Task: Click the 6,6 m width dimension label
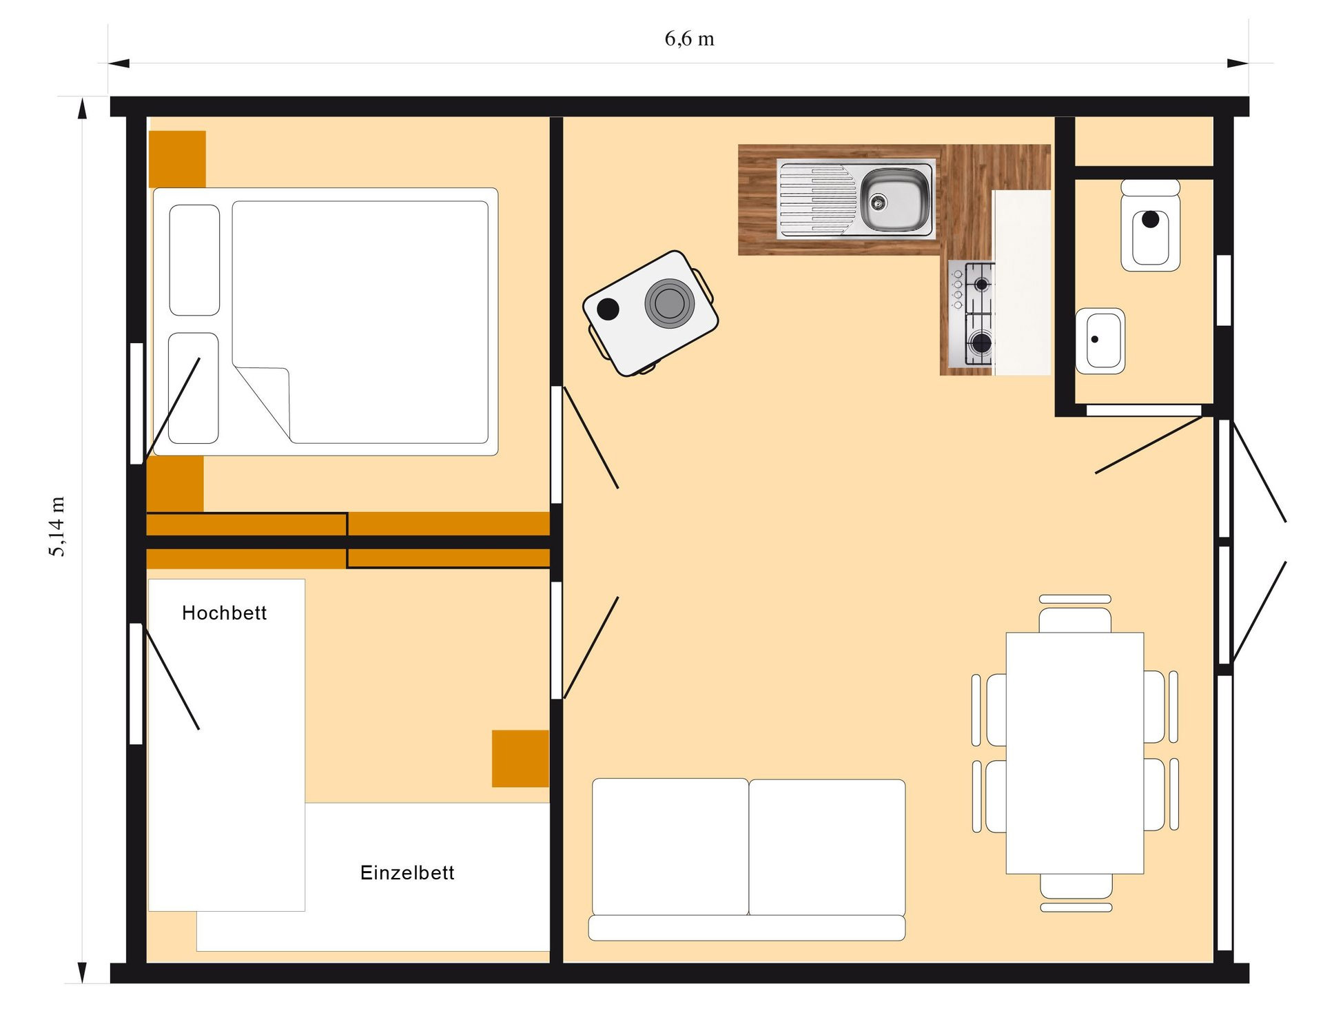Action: pos(689,39)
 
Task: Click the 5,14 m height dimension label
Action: pos(57,526)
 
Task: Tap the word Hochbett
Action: pos(224,613)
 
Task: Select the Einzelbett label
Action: pos(407,872)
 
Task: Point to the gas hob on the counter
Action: pos(972,314)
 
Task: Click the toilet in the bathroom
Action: pos(1150,231)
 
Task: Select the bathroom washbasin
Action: pos(1100,340)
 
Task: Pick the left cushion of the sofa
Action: pos(670,847)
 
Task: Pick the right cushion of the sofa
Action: pos(827,847)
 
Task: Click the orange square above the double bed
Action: pos(177,158)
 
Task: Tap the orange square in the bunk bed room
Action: pos(520,758)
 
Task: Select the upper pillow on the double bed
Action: pos(194,260)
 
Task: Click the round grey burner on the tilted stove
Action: pos(669,303)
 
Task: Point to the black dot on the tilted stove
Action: pos(608,309)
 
